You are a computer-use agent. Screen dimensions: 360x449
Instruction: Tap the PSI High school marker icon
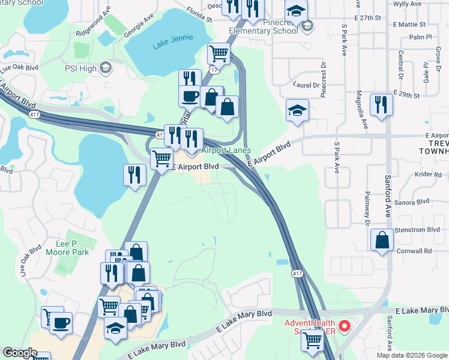pos(106,68)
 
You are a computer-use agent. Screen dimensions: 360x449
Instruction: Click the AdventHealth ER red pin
pos(345,327)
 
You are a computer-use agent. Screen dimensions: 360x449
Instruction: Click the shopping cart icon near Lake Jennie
pos(219,53)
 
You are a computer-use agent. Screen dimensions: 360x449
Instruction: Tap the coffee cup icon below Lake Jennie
pos(190,96)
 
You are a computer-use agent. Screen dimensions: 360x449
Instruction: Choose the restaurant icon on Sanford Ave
pos(382,104)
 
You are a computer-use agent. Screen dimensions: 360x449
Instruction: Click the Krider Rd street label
pos(427,174)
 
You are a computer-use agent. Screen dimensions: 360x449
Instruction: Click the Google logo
pos(20,352)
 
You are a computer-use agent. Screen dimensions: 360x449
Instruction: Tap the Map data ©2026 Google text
pos(411,355)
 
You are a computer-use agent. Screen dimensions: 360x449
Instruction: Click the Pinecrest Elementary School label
pos(264,31)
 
